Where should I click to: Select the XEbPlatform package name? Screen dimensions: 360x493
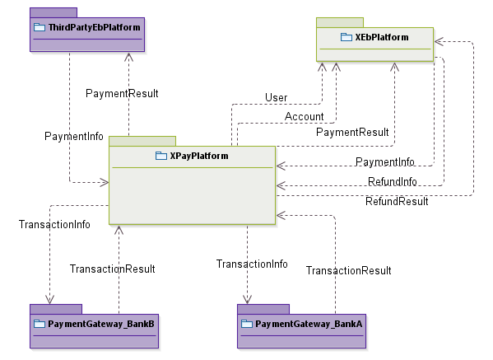(x=380, y=37)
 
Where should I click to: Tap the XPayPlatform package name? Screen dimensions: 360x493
(x=198, y=156)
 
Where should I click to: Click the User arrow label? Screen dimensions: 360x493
(x=276, y=98)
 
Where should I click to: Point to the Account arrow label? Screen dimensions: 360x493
(x=304, y=117)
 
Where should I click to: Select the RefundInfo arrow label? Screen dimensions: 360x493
(x=393, y=182)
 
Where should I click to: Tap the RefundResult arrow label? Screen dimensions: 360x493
(x=397, y=201)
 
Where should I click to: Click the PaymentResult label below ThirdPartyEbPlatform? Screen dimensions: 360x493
(x=122, y=93)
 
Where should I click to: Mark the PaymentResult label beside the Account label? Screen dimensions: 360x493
(x=352, y=132)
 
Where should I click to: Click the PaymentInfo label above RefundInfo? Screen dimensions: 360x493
(x=384, y=162)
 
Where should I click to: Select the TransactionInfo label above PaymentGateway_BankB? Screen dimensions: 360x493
(x=54, y=224)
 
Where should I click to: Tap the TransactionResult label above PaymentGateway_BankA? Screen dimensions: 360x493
(x=348, y=270)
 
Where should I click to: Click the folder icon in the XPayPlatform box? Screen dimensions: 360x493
(x=161, y=156)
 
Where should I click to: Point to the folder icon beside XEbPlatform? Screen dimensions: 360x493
(x=346, y=37)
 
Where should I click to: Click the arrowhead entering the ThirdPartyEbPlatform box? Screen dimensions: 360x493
(x=128, y=55)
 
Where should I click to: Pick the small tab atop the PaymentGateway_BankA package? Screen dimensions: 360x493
(x=263, y=309)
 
